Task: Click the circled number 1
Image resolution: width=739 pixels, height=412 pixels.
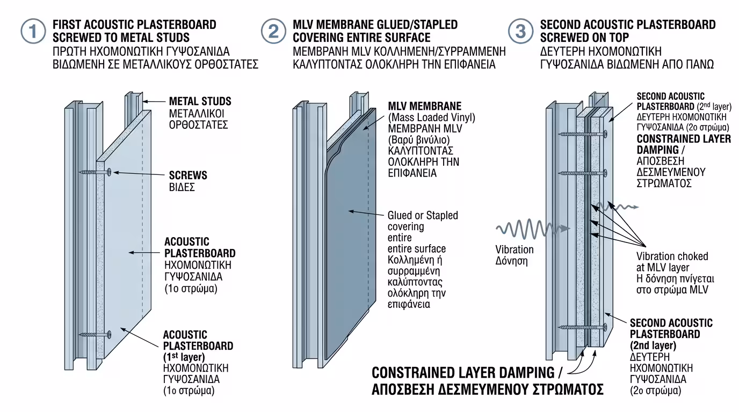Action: [x=33, y=31]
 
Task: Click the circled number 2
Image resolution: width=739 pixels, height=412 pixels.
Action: [x=273, y=31]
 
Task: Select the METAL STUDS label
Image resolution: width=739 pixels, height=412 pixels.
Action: [x=200, y=101]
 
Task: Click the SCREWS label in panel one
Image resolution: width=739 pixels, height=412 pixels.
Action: [x=188, y=176]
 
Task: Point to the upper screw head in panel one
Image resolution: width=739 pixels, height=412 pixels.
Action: [x=109, y=172]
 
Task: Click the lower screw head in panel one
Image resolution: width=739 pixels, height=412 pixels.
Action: [x=109, y=334]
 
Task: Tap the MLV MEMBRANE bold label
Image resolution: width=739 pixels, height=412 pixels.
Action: [x=424, y=106]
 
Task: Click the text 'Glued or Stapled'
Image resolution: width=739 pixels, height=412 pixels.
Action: [x=423, y=216]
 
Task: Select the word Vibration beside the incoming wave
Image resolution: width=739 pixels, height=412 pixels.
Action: [x=514, y=249]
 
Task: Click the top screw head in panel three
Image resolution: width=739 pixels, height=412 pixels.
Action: [x=605, y=133]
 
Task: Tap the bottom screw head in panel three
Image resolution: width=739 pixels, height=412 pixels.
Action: [x=605, y=326]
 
